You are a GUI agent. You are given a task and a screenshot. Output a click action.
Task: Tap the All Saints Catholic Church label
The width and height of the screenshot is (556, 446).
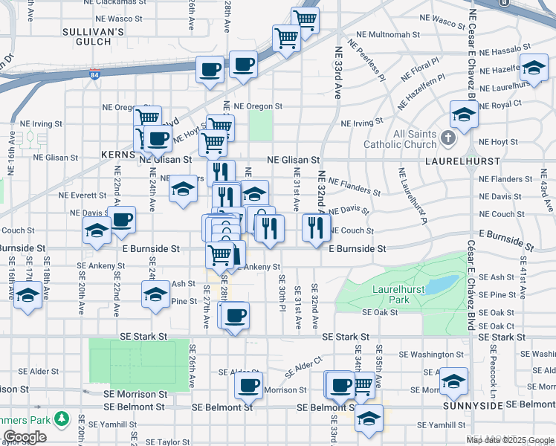tap(404, 139)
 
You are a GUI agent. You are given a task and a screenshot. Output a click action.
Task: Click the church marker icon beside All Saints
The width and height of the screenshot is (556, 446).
tap(447, 138)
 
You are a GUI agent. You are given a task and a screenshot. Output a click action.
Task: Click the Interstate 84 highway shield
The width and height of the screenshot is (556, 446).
tap(94, 74)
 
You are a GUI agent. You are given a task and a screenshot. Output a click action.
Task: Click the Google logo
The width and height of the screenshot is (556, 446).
tap(25, 437)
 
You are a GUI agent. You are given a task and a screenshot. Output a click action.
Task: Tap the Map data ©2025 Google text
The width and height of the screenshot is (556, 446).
tap(511, 440)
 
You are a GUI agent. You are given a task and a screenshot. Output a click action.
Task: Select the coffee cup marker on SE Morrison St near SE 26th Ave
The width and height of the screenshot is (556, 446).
tap(248, 385)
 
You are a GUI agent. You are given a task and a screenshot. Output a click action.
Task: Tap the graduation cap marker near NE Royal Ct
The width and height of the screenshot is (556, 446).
tap(463, 114)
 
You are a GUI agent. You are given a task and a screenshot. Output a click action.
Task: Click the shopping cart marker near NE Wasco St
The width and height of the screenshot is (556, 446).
tap(305, 19)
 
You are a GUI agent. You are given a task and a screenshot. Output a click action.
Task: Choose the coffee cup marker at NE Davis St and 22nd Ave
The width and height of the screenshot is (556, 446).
tap(122, 219)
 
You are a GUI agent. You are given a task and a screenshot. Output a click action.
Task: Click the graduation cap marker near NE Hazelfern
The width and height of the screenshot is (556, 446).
tap(533, 68)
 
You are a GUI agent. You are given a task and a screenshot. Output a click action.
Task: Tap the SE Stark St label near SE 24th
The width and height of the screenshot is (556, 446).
tap(141, 337)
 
